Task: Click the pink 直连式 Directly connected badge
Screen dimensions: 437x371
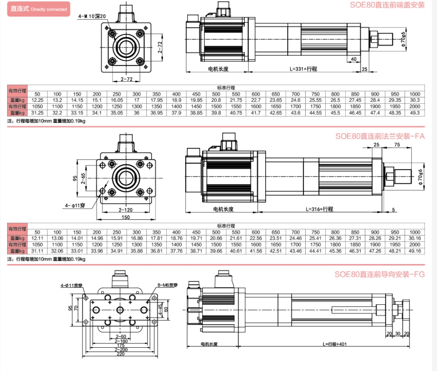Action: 38,9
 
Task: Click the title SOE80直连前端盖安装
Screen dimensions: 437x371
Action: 387,5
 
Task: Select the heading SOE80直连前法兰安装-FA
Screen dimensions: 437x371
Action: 380,136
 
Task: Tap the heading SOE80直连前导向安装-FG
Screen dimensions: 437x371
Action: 379,274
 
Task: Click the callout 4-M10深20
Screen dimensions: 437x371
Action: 92,16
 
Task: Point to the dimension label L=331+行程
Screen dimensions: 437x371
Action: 303,69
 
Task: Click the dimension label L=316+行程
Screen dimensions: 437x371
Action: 319,209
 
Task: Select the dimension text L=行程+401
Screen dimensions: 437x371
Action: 334,344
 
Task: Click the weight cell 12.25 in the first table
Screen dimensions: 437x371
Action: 38,100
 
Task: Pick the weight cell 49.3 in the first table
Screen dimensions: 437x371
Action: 415,113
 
